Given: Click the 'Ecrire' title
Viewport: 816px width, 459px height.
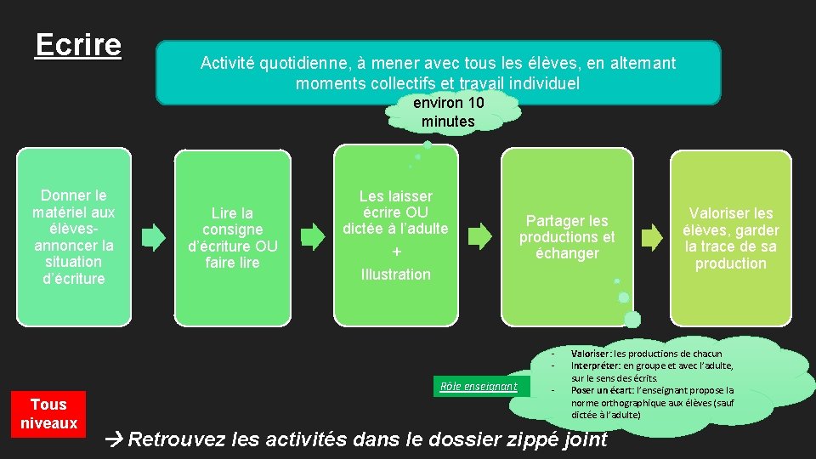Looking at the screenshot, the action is pyautogui.click(x=78, y=45).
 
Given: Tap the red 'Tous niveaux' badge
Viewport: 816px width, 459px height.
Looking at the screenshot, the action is pyautogui.click(x=48, y=413).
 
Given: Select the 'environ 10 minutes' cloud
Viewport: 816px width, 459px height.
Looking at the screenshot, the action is pyautogui.click(x=448, y=112).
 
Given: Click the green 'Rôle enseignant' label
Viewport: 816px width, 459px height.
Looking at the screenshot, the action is pyautogui.click(x=479, y=386).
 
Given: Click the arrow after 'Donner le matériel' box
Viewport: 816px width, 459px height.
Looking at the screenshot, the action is pyautogui.click(x=153, y=236).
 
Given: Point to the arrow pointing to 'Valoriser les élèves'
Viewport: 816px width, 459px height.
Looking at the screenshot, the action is pyautogui.click(x=651, y=236).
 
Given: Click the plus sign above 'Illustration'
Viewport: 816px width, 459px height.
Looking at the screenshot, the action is pyautogui.click(x=396, y=252).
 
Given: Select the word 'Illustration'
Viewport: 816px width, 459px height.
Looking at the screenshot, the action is pyautogui.click(x=396, y=274).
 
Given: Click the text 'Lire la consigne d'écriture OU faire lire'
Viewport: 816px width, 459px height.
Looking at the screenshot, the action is pyautogui.click(x=232, y=237).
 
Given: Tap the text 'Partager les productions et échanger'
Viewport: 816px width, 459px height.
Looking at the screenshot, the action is pyautogui.click(x=567, y=236).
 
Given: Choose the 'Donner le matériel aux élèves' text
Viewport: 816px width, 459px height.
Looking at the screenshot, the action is pyautogui.click(x=74, y=236).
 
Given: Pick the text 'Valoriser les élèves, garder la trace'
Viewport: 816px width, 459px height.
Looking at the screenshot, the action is pyautogui.click(x=731, y=238).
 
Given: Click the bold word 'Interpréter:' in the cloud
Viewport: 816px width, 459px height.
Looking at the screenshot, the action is pyautogui.click(x=597, y=365).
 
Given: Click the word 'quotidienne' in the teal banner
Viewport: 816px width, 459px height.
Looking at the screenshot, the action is pyautogui.click(x=299, y=63).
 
